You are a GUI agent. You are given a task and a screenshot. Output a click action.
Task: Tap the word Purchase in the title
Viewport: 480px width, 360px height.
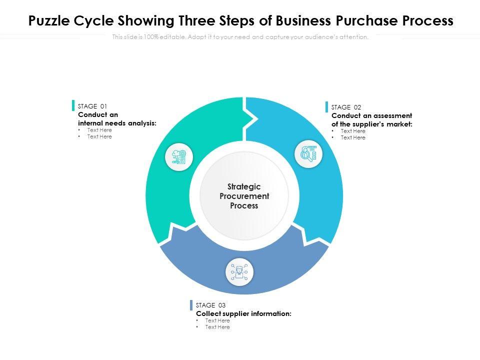coord(367,20)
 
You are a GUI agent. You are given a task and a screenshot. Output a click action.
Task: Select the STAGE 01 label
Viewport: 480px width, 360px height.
coord(92,106)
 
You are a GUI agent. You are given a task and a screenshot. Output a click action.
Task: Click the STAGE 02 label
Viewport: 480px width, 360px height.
coord(346,107)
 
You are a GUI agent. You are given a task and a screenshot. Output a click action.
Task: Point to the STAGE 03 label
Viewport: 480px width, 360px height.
coord(210,305)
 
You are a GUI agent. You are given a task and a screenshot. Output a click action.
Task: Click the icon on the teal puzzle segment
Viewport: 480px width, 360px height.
coord(179,157)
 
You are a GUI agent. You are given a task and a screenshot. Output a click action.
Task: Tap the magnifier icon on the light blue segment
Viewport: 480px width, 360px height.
coord(308,153)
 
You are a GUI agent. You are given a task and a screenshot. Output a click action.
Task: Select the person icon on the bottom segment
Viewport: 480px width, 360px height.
coord(239,272)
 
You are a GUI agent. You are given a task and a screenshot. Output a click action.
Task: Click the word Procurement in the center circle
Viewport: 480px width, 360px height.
coord(244,196)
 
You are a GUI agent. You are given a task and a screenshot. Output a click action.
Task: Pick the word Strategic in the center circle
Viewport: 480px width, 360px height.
coord(244,186)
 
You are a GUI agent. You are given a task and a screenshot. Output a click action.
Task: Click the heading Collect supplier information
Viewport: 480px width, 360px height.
coord(243,313)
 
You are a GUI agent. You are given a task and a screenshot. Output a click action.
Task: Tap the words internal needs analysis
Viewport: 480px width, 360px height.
coord(117,123)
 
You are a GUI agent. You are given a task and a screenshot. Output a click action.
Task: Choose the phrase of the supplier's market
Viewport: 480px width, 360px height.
coord(372,124)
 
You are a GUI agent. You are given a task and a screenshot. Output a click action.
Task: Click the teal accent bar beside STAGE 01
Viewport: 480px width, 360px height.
coord(73,105)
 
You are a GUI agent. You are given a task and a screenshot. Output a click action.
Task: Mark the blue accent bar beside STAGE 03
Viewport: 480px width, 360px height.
coord(191,305)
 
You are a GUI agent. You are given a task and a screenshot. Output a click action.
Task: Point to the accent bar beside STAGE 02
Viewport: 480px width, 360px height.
coord(326,107)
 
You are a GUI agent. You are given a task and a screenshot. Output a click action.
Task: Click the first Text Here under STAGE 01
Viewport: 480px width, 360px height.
coord(99,130)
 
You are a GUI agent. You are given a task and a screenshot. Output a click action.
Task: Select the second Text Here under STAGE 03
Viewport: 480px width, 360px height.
coord(217,327)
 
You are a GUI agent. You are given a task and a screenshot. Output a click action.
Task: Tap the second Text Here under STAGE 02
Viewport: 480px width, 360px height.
coord(353,138)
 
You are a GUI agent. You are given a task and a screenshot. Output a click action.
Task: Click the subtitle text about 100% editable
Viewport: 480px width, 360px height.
coord(240,37)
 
